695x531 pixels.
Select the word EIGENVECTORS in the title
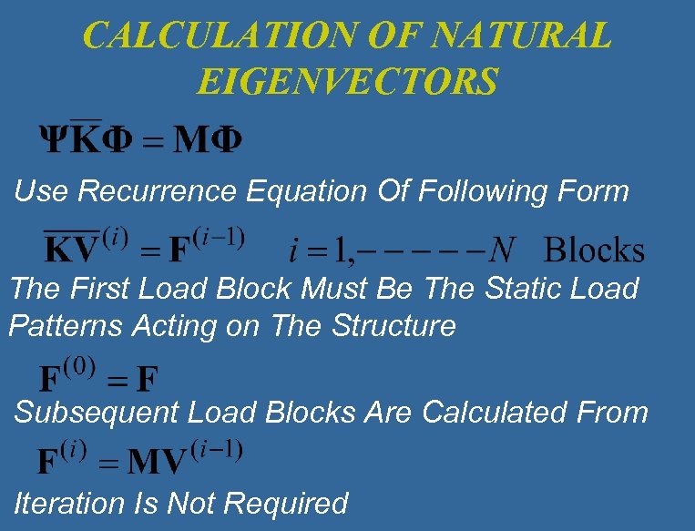347,81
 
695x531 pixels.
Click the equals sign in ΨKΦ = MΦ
154,142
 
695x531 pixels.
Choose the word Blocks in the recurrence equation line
594,250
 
